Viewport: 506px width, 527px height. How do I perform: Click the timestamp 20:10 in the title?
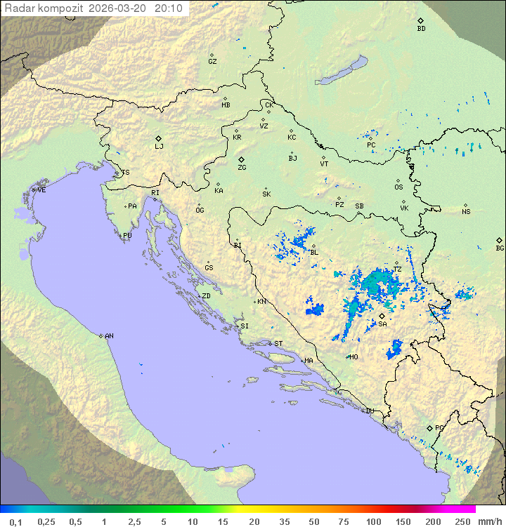[168, 8]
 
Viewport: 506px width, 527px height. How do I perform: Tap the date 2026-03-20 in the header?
[119, 8]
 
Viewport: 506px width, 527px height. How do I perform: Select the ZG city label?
[242, 168]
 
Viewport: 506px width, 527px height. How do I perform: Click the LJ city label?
[159, 147]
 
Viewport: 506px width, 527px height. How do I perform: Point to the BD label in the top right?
[421, 29]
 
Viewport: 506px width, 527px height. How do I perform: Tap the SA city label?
[382, 324]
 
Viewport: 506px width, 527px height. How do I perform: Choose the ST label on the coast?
[278, 344]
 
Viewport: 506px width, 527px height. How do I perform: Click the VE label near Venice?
[41, 190]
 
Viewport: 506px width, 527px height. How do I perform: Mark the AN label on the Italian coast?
[109, 336]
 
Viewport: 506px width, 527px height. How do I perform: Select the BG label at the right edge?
[500, 248]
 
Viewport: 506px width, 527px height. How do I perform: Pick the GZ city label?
[212, 62]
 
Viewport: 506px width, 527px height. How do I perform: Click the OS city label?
[398, 187]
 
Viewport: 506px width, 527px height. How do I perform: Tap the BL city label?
[314, 253]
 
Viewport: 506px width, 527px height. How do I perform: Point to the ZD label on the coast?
[206, 296]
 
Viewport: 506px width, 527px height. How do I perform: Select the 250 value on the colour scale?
[462, 521]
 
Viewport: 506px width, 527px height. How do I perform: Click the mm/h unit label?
[490, 521]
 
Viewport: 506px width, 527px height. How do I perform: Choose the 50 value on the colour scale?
[313, 521]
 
